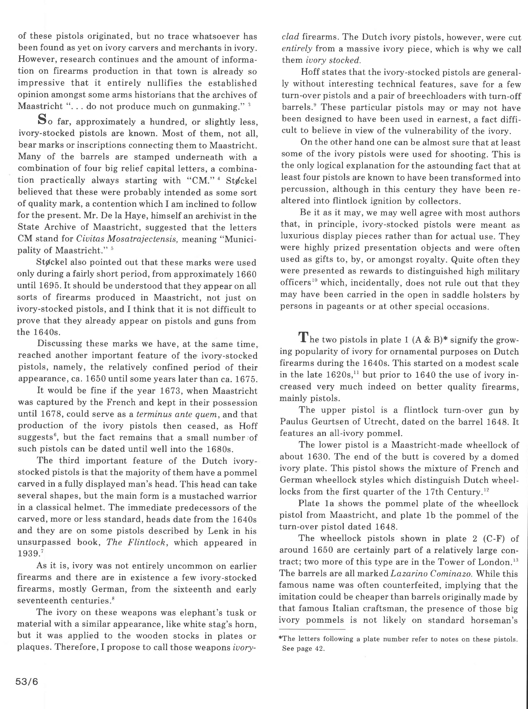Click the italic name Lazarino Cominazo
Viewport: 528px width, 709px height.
(x=431, y=573)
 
